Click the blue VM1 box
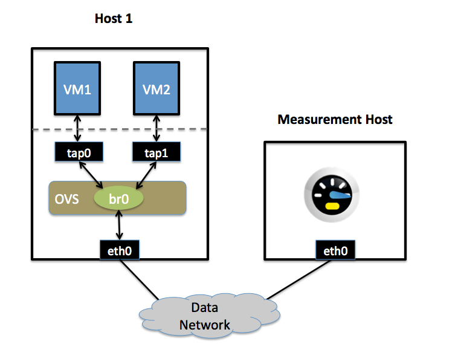coord(77,89)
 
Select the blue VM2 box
coord(156,89)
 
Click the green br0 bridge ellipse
coord(118,198)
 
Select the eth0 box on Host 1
coord(119,250)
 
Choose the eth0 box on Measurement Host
coord(335,250)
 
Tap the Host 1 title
coord(113,19)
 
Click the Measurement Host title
coord(335,119)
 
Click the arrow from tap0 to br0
coord(95,175)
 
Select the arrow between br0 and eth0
coord(119,226)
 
